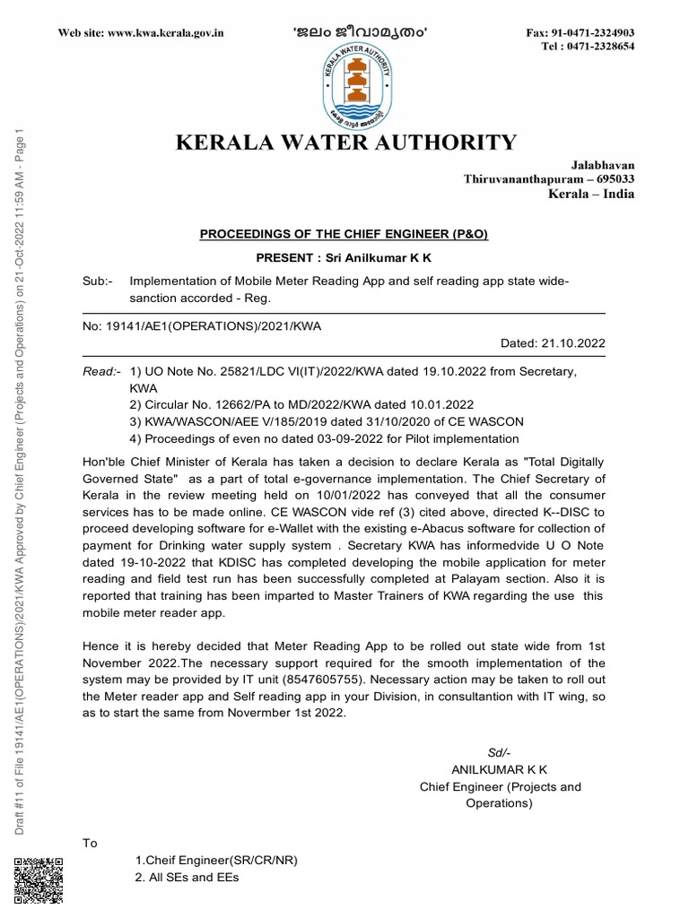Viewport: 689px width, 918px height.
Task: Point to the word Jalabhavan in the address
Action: (603, 165)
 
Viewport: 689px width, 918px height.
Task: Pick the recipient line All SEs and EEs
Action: (188, 879)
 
